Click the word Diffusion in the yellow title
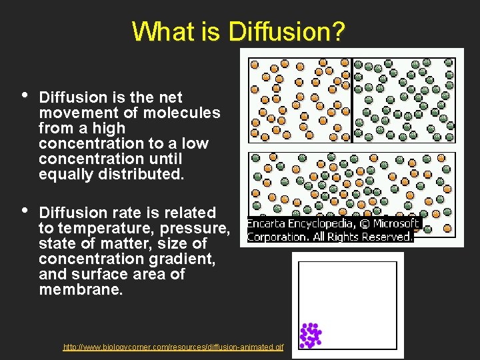coord(285,31)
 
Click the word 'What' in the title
coord(159,31)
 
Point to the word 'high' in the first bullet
coord(109,128)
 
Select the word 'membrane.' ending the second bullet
coord(81,290)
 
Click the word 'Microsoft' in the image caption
coord(396,224)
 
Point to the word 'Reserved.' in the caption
coord(386,237)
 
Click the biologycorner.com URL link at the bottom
coord(173,347)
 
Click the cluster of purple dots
coord(310,335)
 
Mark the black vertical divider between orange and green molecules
coord(352,101)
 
